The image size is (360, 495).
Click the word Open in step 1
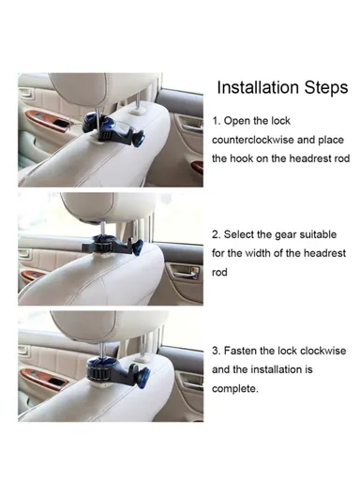(x=240, y=121)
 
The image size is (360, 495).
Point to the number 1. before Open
(x=217, y=121)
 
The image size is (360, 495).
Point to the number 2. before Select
(x=217, y=234)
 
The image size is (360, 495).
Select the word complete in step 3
(x=234, y=388)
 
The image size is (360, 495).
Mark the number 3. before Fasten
(x=217, y=351)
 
